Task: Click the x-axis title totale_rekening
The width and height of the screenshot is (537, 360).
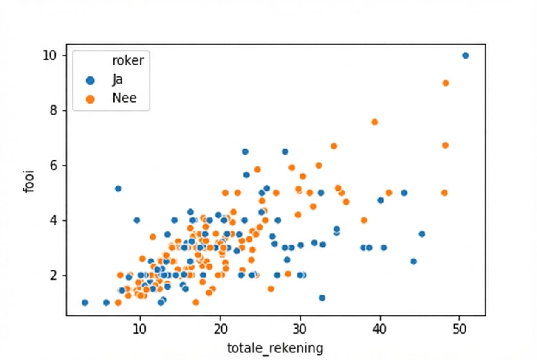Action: pyautogui.click(x=275, y=349)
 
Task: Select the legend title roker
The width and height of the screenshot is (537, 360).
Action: pyautogui.click(x=128, y=61)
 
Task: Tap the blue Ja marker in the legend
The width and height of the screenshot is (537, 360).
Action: pyautogui.click(x=90, y=80)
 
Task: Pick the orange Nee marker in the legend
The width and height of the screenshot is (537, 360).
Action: pyautogui.click(x=90, y=98)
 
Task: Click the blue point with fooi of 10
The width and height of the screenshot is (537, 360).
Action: pyautogui.click(x=465, y=56)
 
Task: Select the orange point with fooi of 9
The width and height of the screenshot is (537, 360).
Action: pyautogui.click(x=446, y=83)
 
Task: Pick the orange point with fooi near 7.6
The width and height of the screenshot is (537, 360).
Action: pyautogui.click(x=375, y=122)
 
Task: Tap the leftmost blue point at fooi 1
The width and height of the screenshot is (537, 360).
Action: pyautogui.click(x=85, y=303)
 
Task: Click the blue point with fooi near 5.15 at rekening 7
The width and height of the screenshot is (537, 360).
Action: pyautogui.click(x=118, y=188)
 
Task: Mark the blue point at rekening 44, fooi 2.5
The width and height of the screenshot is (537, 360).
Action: pyautogui.click(x=413, y=262)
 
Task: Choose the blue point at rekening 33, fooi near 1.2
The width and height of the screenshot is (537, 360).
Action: pyautogui.click(x=322, y=298)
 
